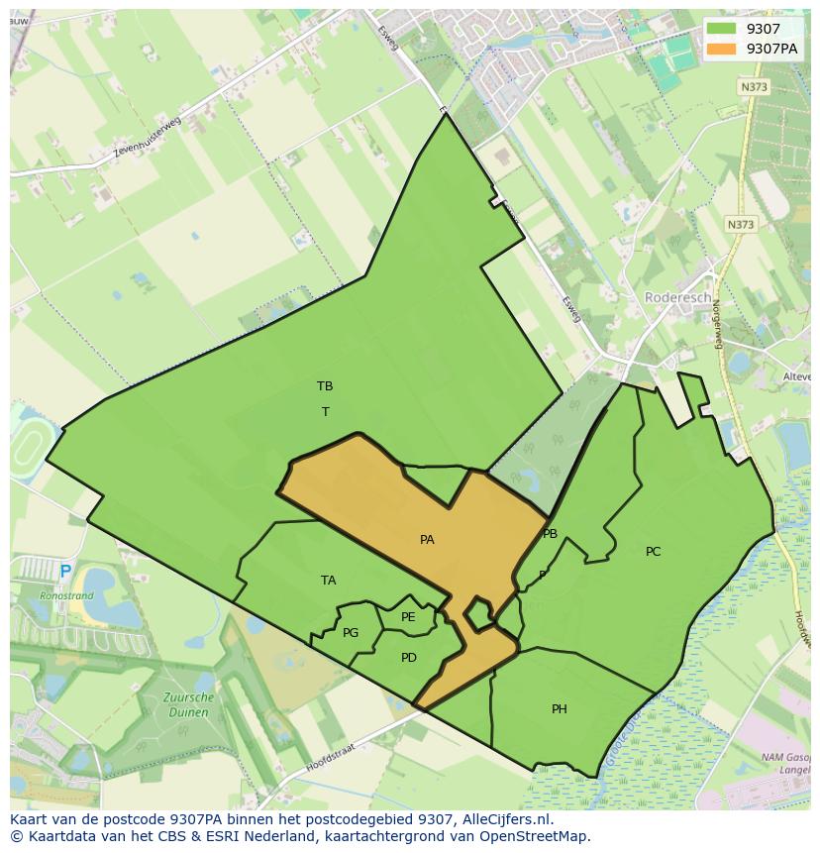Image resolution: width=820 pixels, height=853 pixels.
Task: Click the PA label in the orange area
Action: (x=427, y=540)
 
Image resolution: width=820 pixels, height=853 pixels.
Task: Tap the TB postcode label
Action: (x=325, y=386)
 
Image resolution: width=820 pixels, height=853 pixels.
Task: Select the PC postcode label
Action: (x=653, y=552)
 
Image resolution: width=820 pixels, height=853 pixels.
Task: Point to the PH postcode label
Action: (x=560, y=709)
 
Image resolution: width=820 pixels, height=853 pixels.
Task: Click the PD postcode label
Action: (x=409, y=658)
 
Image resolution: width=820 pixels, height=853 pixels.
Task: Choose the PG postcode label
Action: (x=351, y=633)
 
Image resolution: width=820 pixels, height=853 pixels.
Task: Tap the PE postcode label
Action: (x=408, y=617)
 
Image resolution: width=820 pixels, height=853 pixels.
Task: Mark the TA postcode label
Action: (x=329, y=581)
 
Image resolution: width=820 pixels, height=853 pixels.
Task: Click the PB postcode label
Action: (x=550, y=534)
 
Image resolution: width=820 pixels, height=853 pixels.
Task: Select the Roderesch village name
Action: (x=677, y=297)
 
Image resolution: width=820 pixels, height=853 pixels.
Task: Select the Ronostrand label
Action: (x=66, y=596)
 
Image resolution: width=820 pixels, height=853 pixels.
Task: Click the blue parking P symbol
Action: (x=65, y=572)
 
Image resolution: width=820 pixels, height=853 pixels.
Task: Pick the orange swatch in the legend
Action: (x=721, y=49)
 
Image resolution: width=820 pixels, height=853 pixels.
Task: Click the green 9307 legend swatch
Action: (x=721, y=29)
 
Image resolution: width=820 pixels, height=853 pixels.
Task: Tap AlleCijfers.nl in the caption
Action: (x=503, y=819)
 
